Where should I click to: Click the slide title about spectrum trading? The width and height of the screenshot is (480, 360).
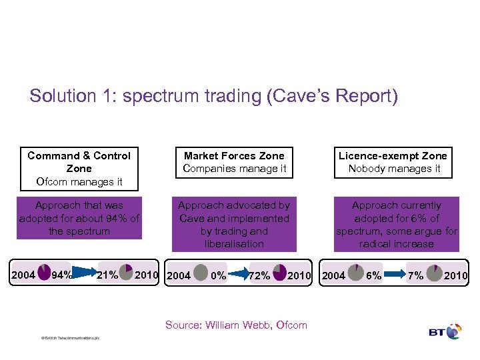coord(213,96)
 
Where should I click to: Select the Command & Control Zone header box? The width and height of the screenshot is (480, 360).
coord(79,168)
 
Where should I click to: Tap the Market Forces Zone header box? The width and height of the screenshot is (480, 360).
coord(234,162)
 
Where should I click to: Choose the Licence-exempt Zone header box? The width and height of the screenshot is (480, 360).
coord(393,162)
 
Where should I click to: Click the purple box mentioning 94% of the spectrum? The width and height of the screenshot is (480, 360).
coord(79,218)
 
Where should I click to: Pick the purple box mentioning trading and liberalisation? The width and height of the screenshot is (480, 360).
coord(234,225)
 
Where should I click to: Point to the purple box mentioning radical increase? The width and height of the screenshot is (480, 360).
coord(397,225)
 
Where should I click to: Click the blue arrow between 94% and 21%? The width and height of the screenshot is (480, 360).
coord(85,272)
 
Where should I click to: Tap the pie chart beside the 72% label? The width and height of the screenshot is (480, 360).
coord(279,273)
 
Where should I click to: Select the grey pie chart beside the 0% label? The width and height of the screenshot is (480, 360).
coord(201,273)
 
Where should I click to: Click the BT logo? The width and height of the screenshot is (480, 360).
coord(445,331)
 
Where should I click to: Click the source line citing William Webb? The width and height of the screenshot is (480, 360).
coord(236,325)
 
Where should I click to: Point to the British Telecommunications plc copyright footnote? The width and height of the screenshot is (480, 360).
coord(70,339)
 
